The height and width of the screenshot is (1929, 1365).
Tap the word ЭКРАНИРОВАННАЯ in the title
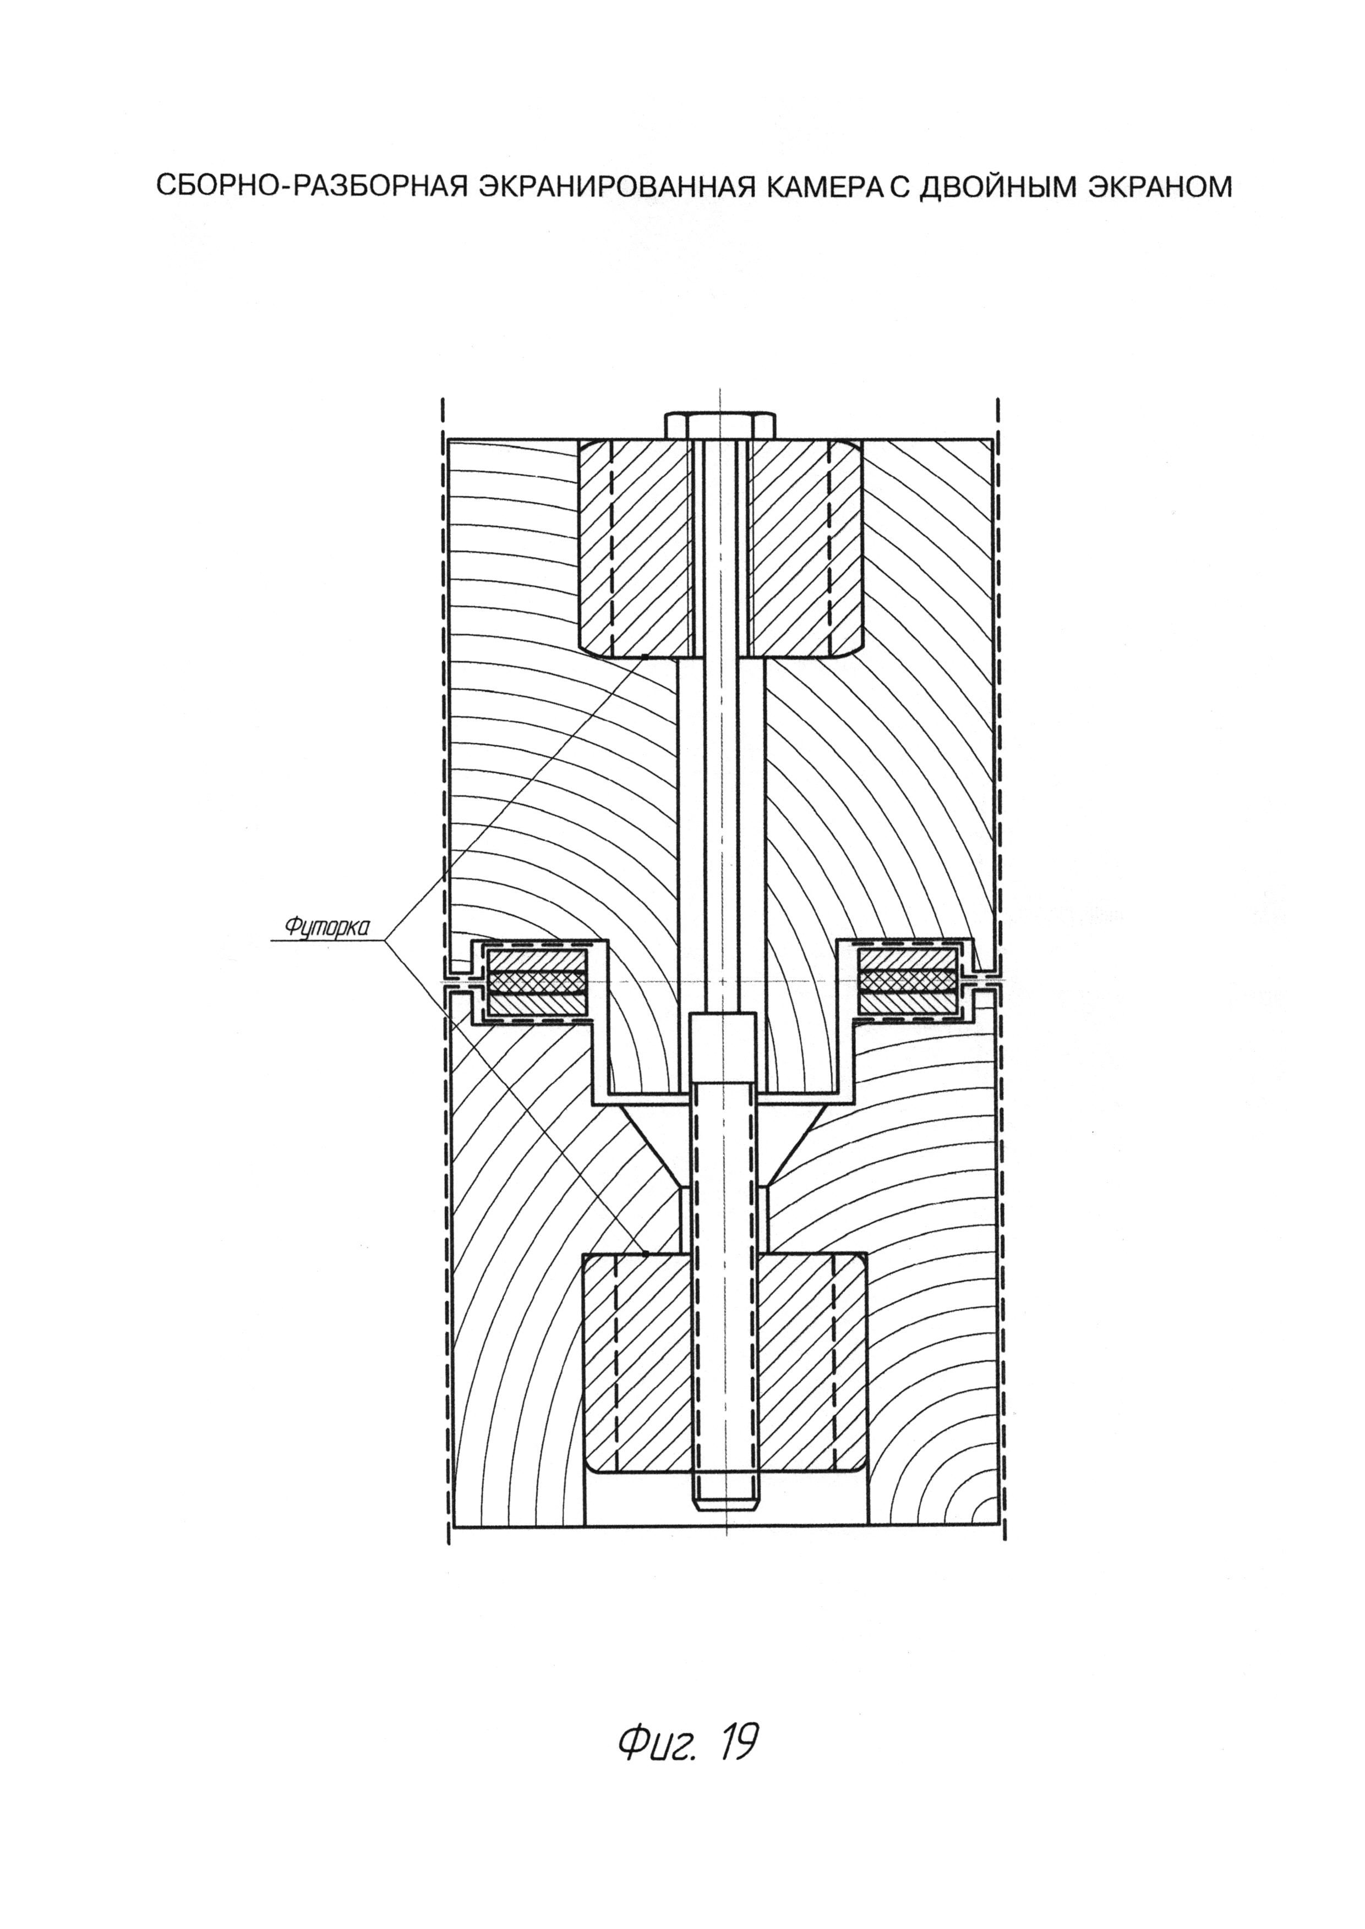(x=606, y=186)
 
